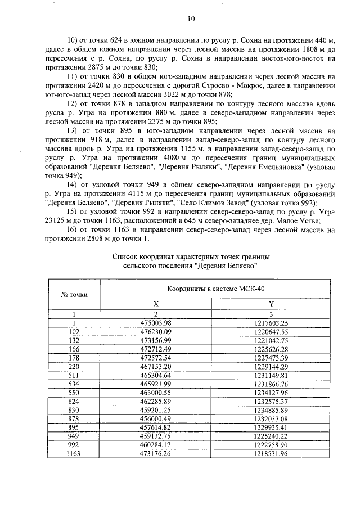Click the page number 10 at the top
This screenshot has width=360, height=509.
tap(191, 19)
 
